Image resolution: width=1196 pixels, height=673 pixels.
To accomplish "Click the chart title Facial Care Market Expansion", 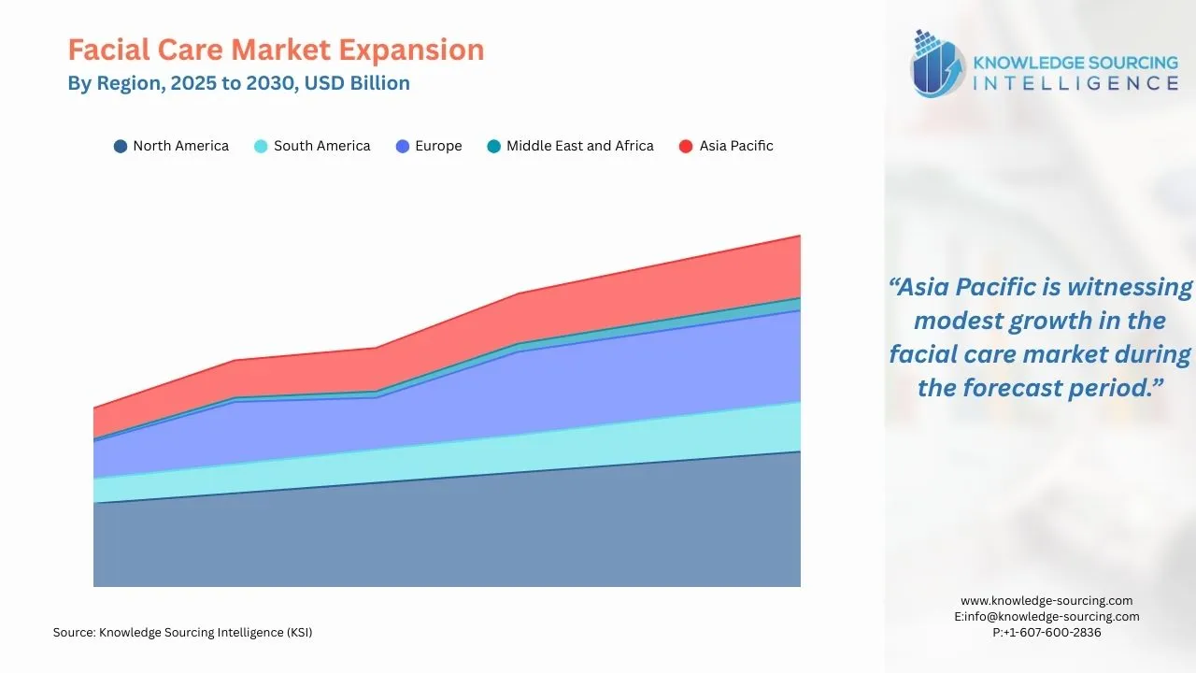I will [x=276, y=50].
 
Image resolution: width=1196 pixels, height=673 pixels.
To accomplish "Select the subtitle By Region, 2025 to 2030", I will [x=238, y=83].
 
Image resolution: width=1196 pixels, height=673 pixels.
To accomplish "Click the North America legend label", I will [x=180, y=146].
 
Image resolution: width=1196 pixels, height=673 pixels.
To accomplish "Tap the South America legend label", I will [x=321, y=146].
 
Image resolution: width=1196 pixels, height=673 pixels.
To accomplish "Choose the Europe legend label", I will [x=438, y=146].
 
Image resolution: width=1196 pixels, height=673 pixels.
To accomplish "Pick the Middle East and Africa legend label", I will [x=579, y=146].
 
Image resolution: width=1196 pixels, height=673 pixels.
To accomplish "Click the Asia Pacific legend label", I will [x=736, y=146].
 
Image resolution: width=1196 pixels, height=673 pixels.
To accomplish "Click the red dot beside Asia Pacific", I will [x=686, y=147].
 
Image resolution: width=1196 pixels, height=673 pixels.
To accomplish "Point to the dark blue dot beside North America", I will [x=120, y=147].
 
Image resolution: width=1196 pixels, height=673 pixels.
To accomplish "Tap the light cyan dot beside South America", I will [x=261, y=147].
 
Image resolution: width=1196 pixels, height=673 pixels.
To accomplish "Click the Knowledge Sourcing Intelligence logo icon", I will [x=937, y=64].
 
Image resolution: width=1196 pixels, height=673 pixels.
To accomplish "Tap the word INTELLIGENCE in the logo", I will [x=1075, y=83].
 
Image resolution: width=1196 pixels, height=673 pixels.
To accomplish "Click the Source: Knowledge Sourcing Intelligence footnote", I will [x=182, y=633].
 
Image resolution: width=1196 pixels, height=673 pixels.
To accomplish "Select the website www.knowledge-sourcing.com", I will [x=1046, y=601].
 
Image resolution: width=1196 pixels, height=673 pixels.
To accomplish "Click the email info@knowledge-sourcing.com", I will [x=1046, y=617].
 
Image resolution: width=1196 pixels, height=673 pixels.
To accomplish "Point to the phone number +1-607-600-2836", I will [x=1046, y=633].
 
